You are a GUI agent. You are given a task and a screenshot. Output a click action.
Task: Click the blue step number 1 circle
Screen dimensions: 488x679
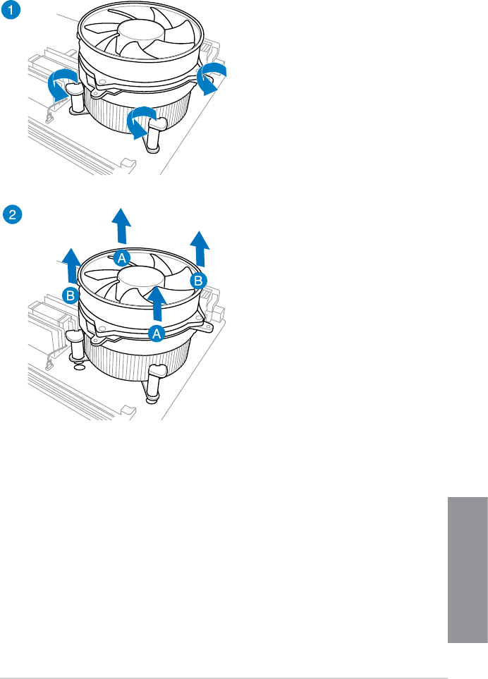[11, 10]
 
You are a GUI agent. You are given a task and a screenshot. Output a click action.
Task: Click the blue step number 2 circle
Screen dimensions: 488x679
[12, 214]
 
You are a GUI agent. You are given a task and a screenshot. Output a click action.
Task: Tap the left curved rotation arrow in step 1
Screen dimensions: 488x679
[61, 84]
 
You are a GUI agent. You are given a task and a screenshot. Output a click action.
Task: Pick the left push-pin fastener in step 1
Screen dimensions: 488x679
[76, 98]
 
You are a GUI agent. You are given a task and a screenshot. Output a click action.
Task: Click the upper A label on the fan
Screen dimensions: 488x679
[122, 259]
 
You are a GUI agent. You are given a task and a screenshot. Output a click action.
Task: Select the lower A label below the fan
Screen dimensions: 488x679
[157, 334]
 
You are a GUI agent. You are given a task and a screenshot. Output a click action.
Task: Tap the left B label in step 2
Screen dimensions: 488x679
[70, 296]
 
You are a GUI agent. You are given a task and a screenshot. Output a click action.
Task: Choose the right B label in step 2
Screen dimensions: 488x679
[198, 281]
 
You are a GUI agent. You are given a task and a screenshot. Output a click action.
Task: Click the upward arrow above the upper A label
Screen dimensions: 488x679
[121, 226]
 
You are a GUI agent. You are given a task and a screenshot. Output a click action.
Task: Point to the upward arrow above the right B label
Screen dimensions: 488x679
[200, 249]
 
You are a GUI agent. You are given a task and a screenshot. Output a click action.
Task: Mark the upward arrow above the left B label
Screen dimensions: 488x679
[71, 265]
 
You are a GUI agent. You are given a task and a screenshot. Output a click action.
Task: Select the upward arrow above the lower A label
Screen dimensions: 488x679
[157, 303]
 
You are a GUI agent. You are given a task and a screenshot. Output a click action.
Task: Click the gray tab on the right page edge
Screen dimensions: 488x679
[468, 570]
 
